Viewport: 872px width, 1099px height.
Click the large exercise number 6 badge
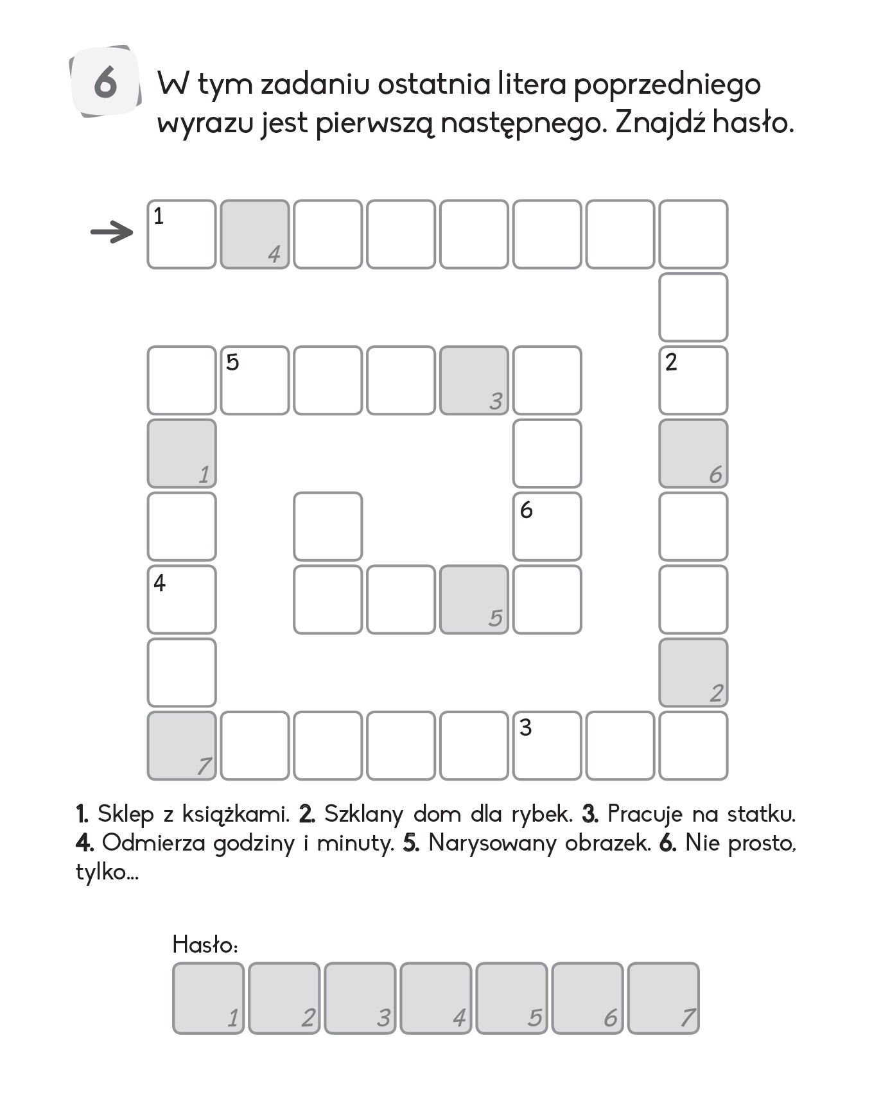point(105,82)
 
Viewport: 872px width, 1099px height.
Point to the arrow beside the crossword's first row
point(111,232)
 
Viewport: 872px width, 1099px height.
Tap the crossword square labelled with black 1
point(182,234)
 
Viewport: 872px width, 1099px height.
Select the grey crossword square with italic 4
point(255,234)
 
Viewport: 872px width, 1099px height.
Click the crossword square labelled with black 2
point(693,381)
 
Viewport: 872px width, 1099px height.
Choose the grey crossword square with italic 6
point(693,454)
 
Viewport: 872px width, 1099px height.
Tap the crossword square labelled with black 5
point(255,381)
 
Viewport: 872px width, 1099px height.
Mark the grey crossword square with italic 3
point(474,381)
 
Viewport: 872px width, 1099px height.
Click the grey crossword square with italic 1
point(182,454)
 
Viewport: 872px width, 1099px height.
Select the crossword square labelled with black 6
point(547,526)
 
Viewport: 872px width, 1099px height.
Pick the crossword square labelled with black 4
point(182,600)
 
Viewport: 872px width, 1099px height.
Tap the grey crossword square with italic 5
point(474,600)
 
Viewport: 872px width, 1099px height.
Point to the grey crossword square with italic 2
point(693,673)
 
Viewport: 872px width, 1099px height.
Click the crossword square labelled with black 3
point(547,746)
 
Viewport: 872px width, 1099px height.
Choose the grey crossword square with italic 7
point(182,746)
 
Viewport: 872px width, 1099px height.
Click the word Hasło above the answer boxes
point(204,944)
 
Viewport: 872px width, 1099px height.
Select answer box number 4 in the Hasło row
point(436,998)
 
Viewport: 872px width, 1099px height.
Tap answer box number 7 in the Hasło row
point(663,998)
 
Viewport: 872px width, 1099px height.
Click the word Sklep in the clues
point(126,815)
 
